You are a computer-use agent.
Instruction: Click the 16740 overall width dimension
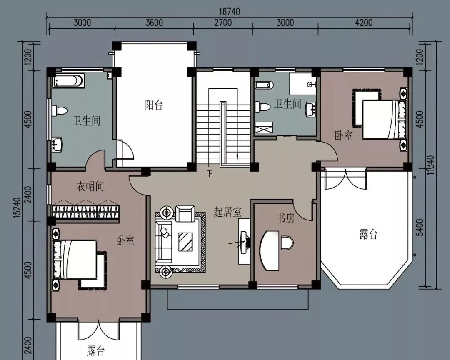point(229,12)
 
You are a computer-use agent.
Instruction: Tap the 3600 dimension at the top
point(154,22)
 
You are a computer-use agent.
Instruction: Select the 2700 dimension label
point(223,22)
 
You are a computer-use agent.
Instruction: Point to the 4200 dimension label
point(364,22)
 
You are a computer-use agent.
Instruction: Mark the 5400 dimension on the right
point(419,227)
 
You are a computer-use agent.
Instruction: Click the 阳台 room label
point(154,105)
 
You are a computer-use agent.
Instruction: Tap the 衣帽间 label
point(90,186)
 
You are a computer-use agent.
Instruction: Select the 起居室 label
point(227,212)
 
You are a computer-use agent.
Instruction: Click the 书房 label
point(285,218)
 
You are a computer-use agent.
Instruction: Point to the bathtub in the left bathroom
point(69,80)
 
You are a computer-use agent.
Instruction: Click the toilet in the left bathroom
point(60,110)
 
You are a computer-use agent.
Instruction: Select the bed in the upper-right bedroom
point(385,120)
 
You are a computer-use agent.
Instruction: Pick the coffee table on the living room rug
point(185,242)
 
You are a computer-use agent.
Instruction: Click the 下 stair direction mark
point(210,173)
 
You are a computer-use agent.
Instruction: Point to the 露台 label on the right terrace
point(368,234)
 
